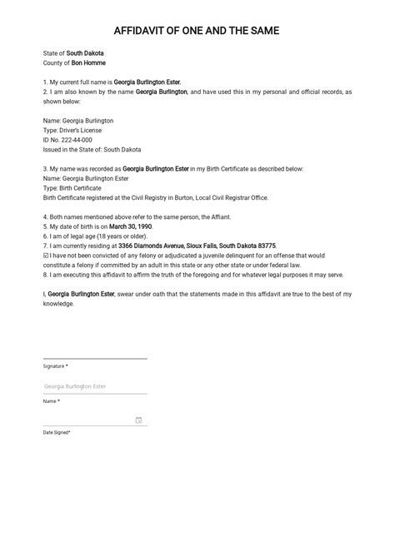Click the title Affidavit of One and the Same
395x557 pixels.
197,31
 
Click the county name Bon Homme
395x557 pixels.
88,62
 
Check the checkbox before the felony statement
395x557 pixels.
45,256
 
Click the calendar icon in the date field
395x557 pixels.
138,420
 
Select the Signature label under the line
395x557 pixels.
55,366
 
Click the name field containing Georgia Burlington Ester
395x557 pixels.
94,386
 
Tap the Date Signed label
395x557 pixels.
57,432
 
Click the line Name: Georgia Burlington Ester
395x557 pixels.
86,178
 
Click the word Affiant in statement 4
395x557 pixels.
217,216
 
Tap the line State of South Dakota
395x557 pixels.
73,52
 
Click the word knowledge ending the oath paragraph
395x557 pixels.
58,304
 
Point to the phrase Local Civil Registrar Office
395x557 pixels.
226,197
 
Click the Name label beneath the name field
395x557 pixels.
51,401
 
